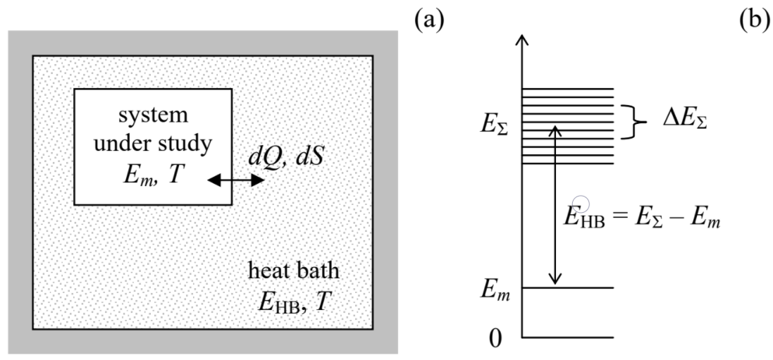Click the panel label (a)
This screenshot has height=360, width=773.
[x=429, y=19]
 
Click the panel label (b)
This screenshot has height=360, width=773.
[x=754, y=19]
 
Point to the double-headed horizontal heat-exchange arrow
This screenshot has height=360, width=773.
[x=236, y=181]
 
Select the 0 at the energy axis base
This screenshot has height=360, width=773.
[x=495, y=337]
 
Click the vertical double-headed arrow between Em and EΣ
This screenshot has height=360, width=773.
[x=557, y=204]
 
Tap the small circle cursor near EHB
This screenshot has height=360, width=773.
[x=582, y=204]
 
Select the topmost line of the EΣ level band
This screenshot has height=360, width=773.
[x=567, y=89]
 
